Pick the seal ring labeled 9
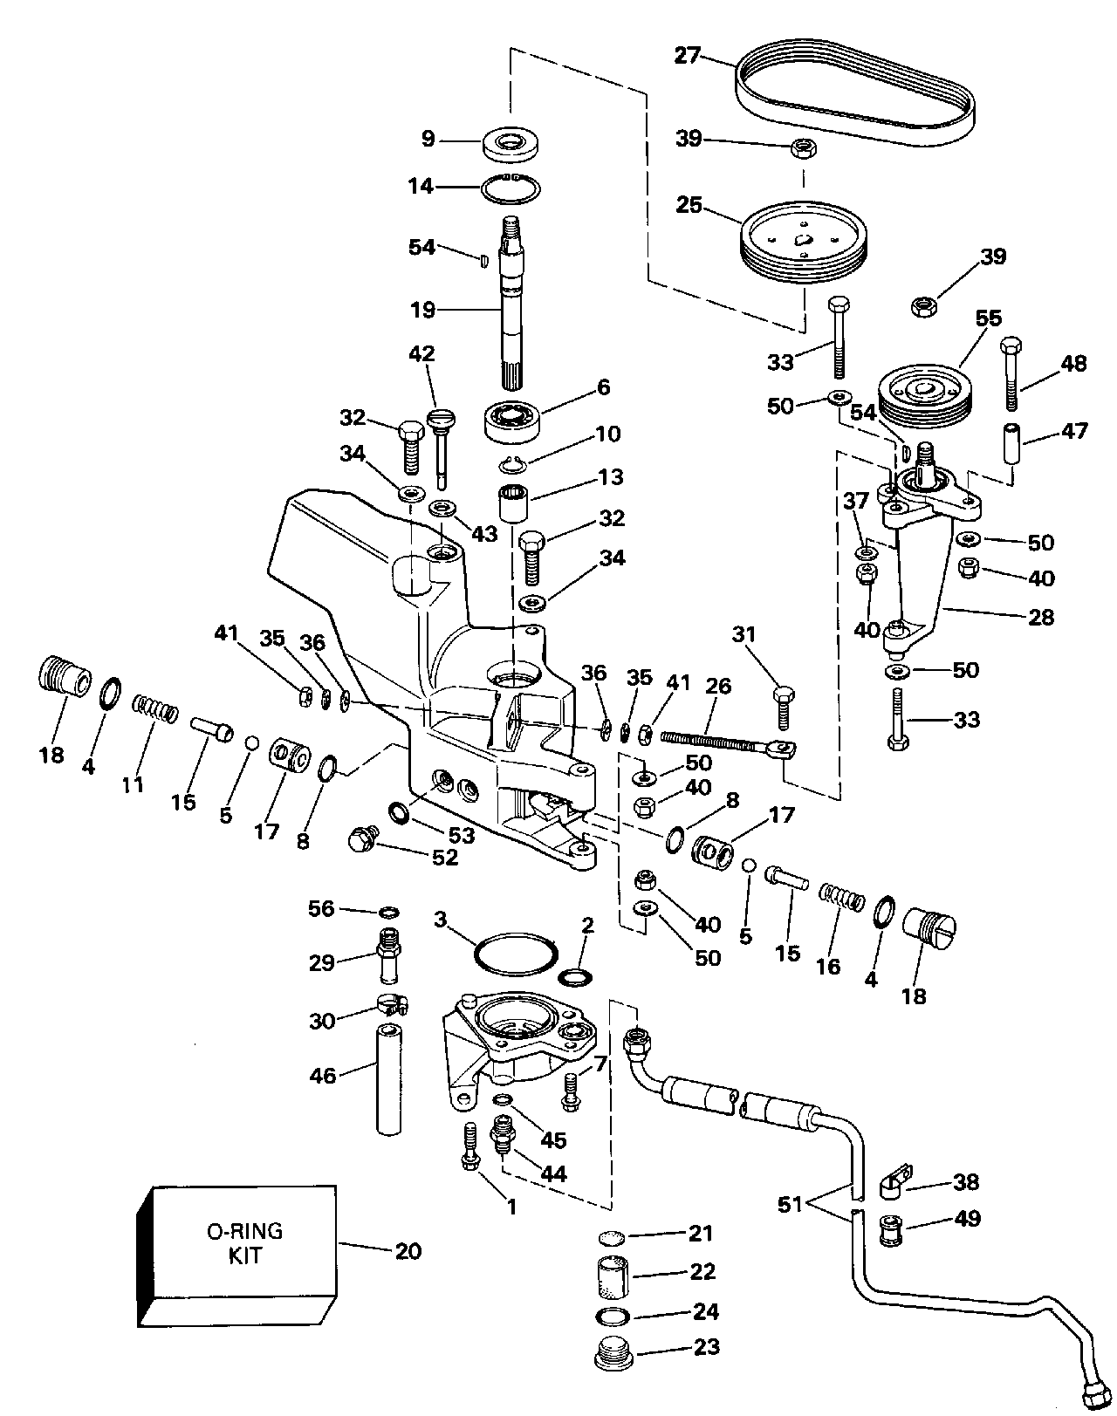[511, 142]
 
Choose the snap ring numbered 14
[511, 188]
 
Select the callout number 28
[1041, 618]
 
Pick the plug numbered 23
[614, 1357]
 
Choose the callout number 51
[791, 1205]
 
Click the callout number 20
[408, 1251]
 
